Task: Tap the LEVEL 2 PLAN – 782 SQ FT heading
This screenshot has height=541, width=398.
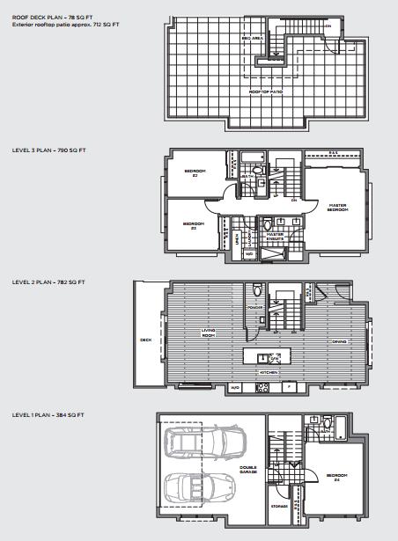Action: [48, 282]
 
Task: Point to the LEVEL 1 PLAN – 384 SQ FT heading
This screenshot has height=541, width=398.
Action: [48, 413]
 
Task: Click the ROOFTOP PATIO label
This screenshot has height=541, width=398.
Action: [265, 91]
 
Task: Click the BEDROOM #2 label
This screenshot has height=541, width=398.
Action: [195, 172]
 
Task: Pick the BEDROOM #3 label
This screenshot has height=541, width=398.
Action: [194, 226]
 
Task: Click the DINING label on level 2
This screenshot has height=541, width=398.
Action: [338, 341]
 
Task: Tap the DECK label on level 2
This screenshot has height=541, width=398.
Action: [145, 340]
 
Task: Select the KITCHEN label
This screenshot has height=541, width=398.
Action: [269, 373]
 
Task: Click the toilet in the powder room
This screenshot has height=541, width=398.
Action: [256, 289]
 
